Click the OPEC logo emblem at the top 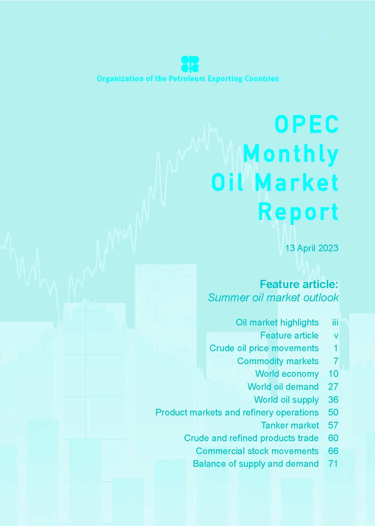click(x=190, y=64)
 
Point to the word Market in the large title click(x=297, y=183)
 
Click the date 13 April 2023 click(x=312, y=248)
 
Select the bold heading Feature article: click(x=299, y=284)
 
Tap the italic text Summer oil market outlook click(x=273, y=298)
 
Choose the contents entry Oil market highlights click(x=277, y=322)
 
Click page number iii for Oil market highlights click(x=335, y=322)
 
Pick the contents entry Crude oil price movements click(x=264, y=348)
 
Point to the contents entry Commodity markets click(x=278, y=361)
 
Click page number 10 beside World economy click(x=333, y=374)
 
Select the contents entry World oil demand click(x=283, y=387)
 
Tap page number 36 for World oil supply click(x=333, y=399)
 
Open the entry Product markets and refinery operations click(x=237, y=412)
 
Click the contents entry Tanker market click(x=290, y=425)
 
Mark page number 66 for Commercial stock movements click(x=333, y=451)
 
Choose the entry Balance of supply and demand click(x=256, y=464)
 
